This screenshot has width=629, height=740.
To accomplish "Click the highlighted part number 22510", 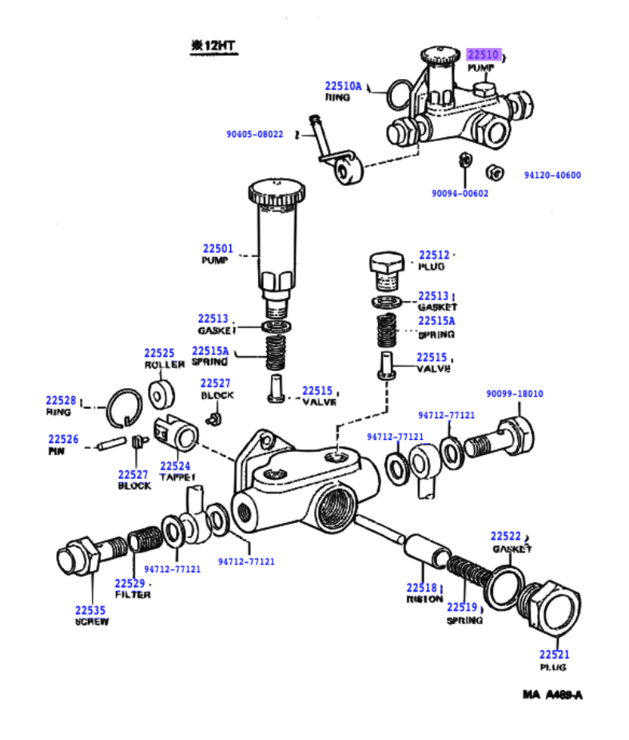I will click(484, 55).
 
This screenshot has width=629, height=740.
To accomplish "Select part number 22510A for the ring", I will click(343, 86).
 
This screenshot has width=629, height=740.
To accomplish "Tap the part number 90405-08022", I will click(254, 134).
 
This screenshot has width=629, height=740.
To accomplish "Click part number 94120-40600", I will click(552, 176).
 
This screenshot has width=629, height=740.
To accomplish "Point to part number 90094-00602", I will click(460, 193).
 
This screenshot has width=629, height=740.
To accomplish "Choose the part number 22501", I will click(217, 248).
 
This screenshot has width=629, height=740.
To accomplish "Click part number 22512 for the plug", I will click(434, 255).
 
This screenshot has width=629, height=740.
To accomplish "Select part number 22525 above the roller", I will click(159, 353).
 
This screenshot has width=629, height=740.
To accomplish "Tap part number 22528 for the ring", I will click(60, 401).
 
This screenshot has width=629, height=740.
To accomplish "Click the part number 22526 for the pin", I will click(63, 439).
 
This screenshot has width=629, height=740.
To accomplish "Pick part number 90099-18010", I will click(515, 394).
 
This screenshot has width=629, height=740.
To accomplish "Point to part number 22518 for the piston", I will click(422, 588).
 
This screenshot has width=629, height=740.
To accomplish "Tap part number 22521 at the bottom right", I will click(552, 655).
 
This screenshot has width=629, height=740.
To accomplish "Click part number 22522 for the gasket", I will click(506, 536).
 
